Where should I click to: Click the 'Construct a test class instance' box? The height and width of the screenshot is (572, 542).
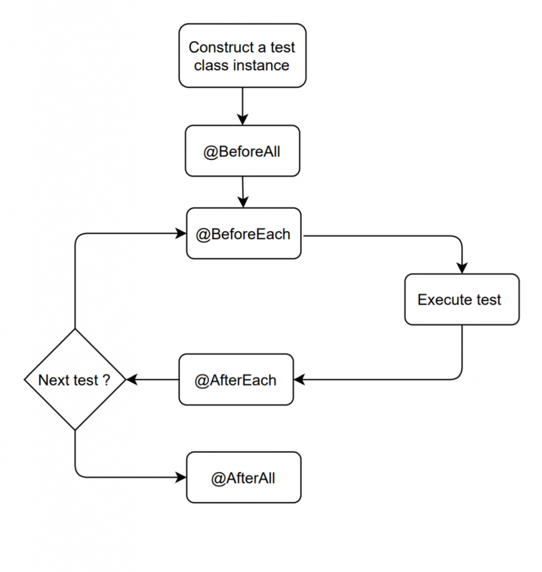pyautogui.click(x=242, y=56)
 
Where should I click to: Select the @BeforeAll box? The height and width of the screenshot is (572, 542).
pyautogui.click(x=242, y=151)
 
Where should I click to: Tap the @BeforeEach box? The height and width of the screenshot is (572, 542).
pyautogui.click(x=243, y=233)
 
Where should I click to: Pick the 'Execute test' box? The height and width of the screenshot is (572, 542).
pyautogui.click(x=462, y=299)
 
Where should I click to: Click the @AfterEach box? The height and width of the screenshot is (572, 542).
pyautogui.click(x=236, y=380)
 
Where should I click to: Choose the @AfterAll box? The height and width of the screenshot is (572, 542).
pyautogui.click(x=243, y=478)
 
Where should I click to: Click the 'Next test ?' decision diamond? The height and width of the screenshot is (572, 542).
pyautogui.click(x=75, y=380)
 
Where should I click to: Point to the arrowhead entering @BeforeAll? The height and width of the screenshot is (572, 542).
pyautogui.click(x=242, y=120)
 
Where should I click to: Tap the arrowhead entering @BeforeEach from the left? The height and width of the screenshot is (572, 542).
pyautogui.click(x=181, y=233)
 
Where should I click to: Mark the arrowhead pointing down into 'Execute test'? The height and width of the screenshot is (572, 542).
pyautogui.click(x=462, y=269)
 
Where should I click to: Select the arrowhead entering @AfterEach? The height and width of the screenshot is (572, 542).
pyautogui.click(x=299, y=380)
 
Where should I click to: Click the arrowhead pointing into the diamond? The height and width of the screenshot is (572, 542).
pyautogui.click(x=132, y=380)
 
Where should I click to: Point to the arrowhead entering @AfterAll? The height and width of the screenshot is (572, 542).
pyautogui.click(x=181, y=478)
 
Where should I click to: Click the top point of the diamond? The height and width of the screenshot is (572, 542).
pyautogui.click(x=75, y=330)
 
